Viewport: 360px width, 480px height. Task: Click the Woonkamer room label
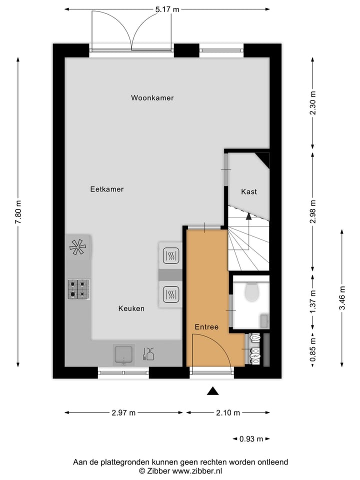tap(152, 98)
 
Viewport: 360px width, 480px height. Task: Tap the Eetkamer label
tap(107, 189)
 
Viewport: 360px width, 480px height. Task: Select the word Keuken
tap(131, 308)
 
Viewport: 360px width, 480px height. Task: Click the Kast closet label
tap(249, 191)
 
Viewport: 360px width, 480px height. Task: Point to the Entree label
tap(207, 327)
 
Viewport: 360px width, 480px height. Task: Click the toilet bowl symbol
tap(251, 292)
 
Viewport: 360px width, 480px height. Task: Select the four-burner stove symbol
tap(78, 289)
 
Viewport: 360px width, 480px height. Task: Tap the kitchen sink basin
tap(123, 354)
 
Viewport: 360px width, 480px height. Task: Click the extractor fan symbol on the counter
tap(78, 247)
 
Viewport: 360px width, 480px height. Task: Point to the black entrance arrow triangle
tap(213, 391)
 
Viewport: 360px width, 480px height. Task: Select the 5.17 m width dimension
tap(167, 9)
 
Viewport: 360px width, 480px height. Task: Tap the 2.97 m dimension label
tap(123, 412)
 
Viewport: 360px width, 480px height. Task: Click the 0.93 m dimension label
tap(251, 439)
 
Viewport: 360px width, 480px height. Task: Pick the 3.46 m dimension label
tap(342, 297)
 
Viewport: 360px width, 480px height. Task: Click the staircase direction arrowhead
tap(248, 216)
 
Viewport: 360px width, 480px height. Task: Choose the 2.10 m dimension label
tap(228, 412)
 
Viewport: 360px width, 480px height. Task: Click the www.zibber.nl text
tap(197, 471)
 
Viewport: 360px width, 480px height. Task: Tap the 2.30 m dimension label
tap(313, 103)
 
